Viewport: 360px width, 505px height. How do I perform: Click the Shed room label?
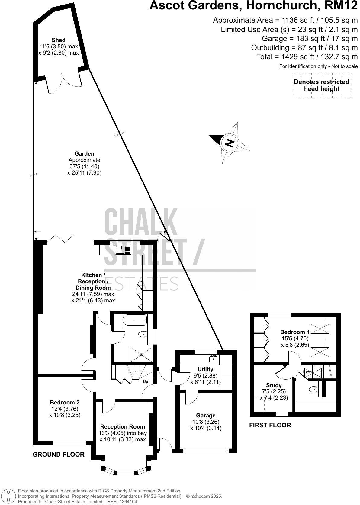pyautogui.click(x=59, y=40)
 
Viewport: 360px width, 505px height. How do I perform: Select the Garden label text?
pyautogui.click(x=84, y=153)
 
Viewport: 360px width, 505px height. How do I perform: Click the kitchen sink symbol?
pyautogui.click(x=123, y=250)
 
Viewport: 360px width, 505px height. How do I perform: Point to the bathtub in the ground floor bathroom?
pyautogui.click(x=134, y=320)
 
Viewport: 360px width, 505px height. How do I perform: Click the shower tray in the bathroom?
pyautogui.click(x=141, y=355)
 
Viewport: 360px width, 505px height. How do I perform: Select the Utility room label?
pyautogui.click(x=205, y=369)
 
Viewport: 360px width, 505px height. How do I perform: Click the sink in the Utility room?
pyautogui.click(x=214, y=359)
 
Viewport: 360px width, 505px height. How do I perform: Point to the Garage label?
pyautogui.click(x=205, y=415)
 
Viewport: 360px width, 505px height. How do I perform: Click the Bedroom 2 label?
pyautogui.click(x=65, y=402)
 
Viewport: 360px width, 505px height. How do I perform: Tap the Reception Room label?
pyautogui.click(x=123, y=426)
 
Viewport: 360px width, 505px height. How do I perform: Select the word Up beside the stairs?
pyautogui.click(x=146, y=381)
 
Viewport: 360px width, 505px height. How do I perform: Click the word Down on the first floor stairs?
pyautogui.click(x=307, y=372)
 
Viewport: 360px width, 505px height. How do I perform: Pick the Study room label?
pyautogui.click(x=274, y=385)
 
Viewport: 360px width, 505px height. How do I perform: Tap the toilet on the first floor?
pyautogui.click(x=313, y=389)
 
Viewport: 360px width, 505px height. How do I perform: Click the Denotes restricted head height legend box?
pyautogui.click(x=322, y=85)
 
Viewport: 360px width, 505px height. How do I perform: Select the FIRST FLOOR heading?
pyautogui.click(x=270, y=425)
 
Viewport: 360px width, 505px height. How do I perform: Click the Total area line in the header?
pyautogui.click(x=307, y=56)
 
